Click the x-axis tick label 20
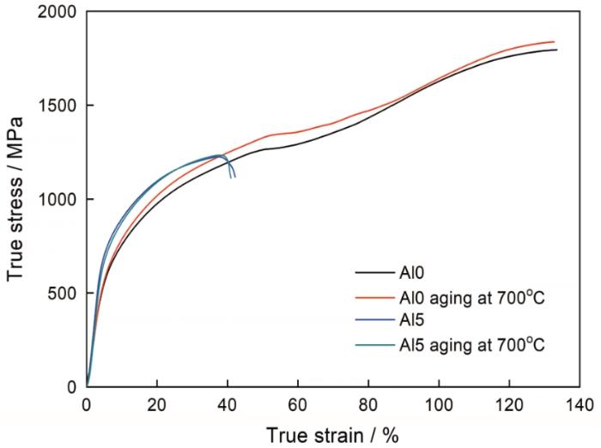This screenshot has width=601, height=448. coord(157,403)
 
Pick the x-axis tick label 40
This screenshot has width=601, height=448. coord(228,403)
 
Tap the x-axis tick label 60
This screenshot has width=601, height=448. coord(298,403)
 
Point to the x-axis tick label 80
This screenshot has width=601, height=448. coord(368,403)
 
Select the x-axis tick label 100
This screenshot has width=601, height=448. coord(439,403)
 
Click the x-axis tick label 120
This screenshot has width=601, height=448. coord(509,403)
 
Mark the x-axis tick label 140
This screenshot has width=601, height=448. coord(580,403)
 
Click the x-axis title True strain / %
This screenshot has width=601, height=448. coord(333,434)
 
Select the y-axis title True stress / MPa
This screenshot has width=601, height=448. coord(15,199)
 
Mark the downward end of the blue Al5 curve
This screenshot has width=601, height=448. coord(234,178)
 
